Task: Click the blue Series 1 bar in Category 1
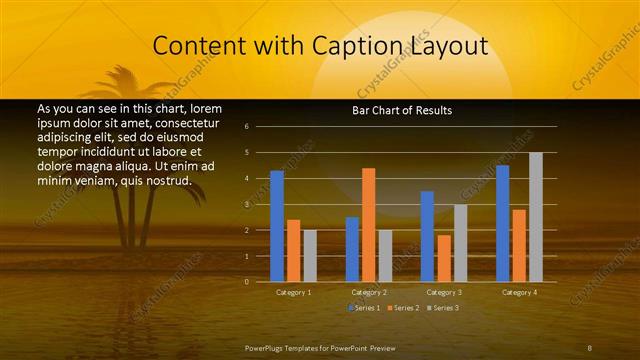pos(277,226)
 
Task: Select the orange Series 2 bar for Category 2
pos(368,225)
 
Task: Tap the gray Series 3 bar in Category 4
pos(536,217)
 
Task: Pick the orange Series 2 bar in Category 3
pos(444,258)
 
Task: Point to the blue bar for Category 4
pos(502,223)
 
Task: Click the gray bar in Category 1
pos(310,256)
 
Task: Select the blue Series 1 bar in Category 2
pos(352,249)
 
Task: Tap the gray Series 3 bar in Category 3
pos(460,243)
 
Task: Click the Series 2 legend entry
pos(402,307)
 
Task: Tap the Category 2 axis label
pos(369,292)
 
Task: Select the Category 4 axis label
pos(519,292)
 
